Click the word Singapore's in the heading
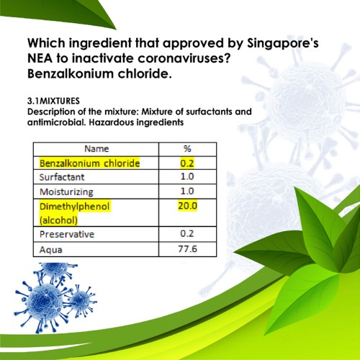pos(283,44)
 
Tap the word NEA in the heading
pos(40,58)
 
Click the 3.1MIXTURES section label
pos(53,101)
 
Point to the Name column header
pos(96,149)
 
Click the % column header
pos(187,149)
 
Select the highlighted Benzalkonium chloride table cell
pos(89,163)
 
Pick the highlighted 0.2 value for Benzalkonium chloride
pos(187,163)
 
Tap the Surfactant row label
pos(62,177)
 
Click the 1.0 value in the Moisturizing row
pos(187,192)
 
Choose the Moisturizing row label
pos(66,192)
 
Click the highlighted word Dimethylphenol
pos(75,207)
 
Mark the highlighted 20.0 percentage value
pos(187,206)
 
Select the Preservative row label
pos(67,234)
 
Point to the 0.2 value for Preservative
pos(187,233)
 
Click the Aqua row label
pos(51,250)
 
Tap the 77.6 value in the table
pos(187,248)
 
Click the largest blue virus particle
pos(45,301)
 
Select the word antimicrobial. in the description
pos(56,122)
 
